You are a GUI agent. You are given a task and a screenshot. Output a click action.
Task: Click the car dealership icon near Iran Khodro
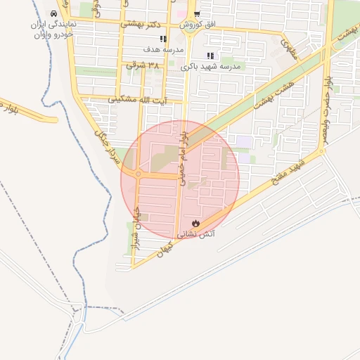tap(54, 14)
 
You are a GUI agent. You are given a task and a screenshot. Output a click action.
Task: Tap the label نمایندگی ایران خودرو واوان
tap(54, 29)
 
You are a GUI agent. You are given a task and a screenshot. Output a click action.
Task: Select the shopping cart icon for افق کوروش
tap(198, 14)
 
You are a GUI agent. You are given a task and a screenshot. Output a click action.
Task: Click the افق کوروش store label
tap(198, 25)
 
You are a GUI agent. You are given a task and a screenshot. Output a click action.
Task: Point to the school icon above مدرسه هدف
tap(163, 39)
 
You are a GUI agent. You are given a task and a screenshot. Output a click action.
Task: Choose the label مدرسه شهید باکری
tap(211, 66)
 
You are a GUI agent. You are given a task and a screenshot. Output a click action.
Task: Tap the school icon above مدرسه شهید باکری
tap(210, 56)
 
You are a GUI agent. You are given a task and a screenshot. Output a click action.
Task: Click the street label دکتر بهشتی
tap(139, 23)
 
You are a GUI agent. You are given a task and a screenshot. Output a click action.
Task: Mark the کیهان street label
tap(164, 251)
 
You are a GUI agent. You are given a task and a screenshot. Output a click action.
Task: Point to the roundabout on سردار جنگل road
tap(138, 174)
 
